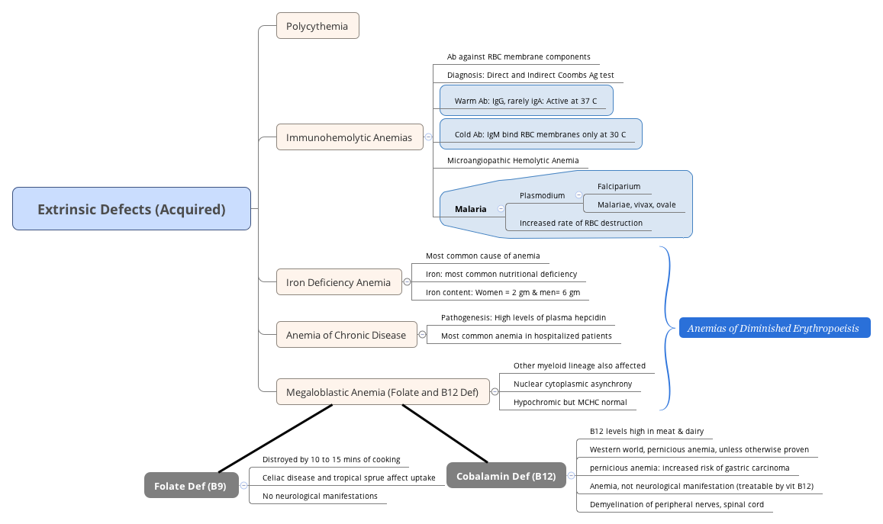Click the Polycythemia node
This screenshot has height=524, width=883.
317,26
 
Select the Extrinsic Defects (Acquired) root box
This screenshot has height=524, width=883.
131,209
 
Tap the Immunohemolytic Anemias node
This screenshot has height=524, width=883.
349,137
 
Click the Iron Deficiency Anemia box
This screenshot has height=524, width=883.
338,282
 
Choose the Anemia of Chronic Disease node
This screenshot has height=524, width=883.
346,335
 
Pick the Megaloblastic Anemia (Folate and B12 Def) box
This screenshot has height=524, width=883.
382,392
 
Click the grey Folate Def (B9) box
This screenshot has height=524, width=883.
190,486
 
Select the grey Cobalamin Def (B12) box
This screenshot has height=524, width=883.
505,476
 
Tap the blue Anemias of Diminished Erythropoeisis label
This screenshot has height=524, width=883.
773,329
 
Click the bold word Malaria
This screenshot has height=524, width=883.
470,209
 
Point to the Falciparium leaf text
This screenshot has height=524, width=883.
618,186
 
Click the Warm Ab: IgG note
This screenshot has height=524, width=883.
525,101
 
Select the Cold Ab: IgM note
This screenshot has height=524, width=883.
540,134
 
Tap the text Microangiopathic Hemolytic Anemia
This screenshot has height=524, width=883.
512,161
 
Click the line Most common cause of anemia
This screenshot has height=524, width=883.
482,256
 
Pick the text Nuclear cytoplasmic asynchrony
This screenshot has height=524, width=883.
572,384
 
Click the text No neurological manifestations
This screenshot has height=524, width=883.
320,496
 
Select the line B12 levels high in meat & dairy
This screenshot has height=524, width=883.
646,431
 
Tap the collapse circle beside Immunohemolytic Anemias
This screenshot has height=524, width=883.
428,137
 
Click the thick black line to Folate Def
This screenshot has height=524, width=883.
275,439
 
